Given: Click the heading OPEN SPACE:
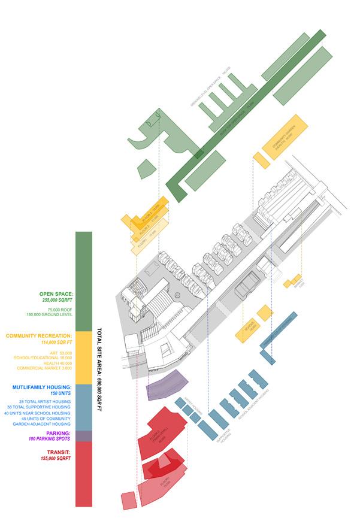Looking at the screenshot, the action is (55, 294).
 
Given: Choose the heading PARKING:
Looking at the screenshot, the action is (59, 433).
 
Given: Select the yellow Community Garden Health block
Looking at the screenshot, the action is (285, 140).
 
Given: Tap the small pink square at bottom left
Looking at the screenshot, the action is (128, 501).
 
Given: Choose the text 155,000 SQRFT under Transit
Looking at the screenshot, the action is (56, 458).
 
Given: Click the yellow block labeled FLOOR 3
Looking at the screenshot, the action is (147, 210).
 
